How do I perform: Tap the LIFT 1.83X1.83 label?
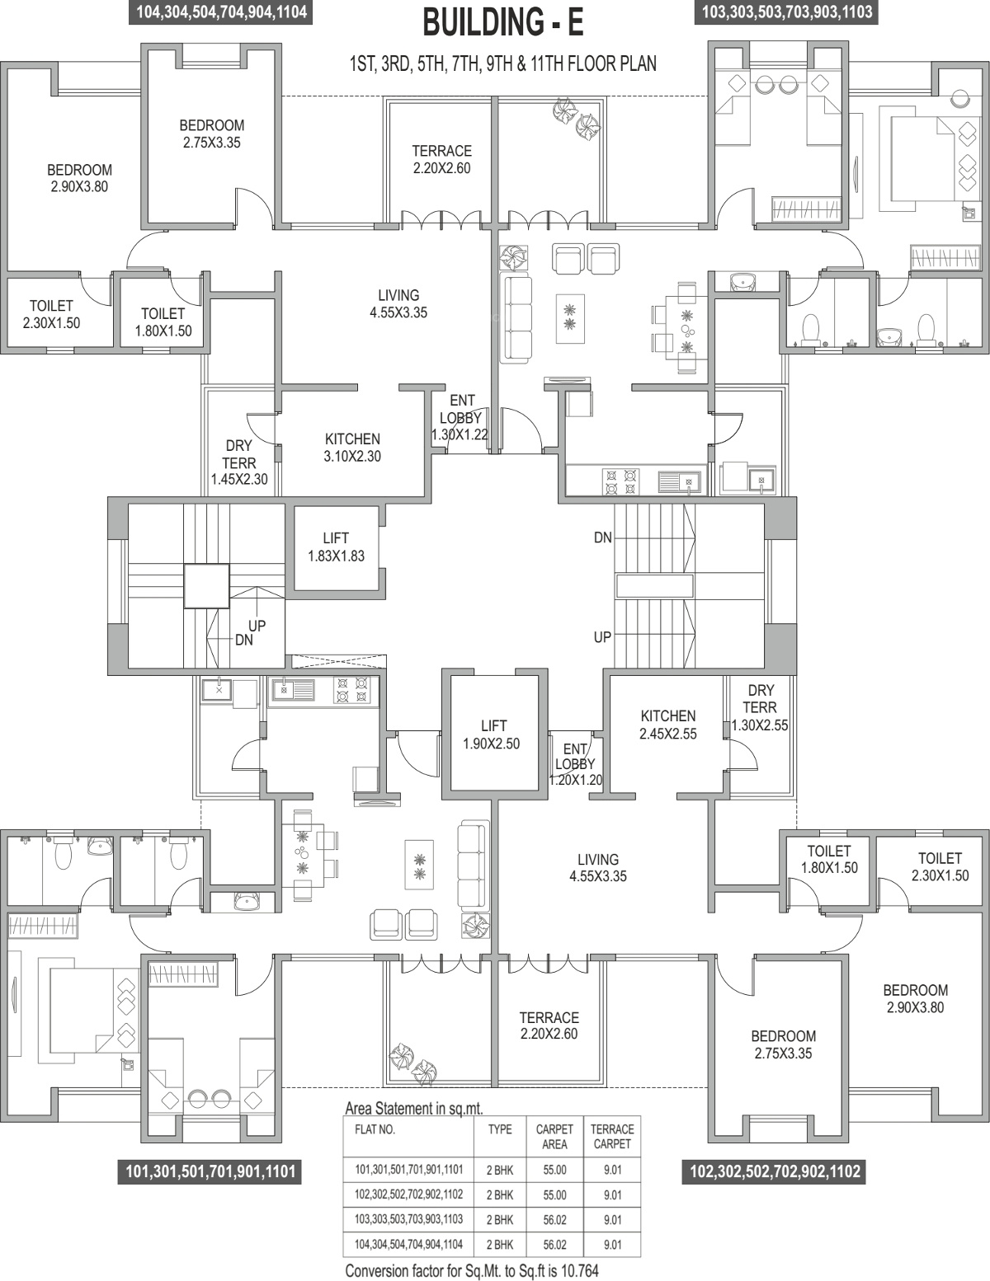tap(336, 547)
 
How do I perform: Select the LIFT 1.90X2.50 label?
tap(492, 734)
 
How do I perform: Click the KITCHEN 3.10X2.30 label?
tap(352, 448)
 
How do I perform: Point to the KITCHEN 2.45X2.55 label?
tap(668, 725)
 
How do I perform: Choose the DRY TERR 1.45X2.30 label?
tap(239, 462)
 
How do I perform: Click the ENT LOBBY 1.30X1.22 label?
tap(460, 417)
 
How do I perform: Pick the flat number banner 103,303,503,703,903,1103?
tap(786, 12)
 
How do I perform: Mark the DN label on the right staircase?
tap(603, 537)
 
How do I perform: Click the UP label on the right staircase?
tap(602, 637)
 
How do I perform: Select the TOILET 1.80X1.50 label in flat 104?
tap(163, 321)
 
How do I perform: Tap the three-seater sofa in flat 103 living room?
tap(516, 317)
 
